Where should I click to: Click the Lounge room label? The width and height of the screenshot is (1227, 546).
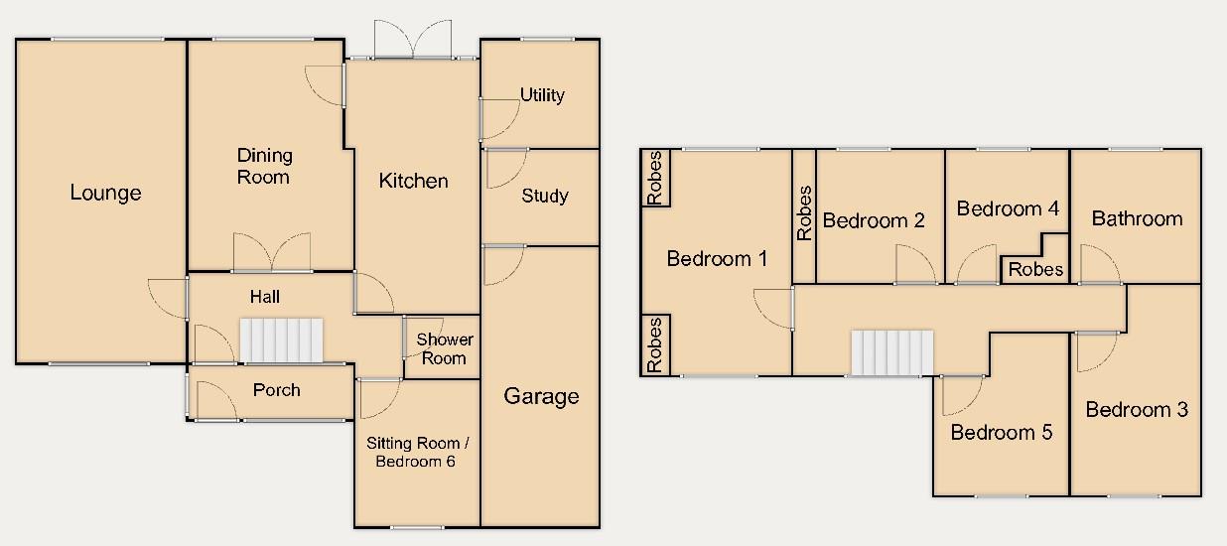coord(105,193)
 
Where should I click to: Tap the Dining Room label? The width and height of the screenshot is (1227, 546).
coord(264,166)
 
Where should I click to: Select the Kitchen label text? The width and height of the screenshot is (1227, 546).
coord(414,181)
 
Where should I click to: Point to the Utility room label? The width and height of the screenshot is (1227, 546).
coord(542,95)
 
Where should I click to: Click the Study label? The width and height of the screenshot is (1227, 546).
coord(544,196)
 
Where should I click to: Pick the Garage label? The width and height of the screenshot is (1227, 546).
coord(541,396)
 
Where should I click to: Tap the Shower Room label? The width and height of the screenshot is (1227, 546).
coord(444,348)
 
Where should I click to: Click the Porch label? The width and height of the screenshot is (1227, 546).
coord(276,390)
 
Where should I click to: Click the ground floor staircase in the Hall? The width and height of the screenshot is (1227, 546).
coord(282,341)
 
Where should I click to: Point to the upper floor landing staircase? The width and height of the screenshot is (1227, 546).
coord(892,353)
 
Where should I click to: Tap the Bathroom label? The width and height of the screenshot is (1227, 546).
coord(1137,218)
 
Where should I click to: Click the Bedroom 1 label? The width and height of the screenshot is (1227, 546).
coord(717,259)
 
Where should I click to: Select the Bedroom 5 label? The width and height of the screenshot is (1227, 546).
coord(1001,433)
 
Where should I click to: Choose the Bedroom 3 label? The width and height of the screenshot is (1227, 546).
coord(1136,409)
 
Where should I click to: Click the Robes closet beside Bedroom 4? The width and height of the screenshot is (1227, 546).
coord(1035,268)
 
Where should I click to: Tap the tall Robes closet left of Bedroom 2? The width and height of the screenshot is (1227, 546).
coord(804,213)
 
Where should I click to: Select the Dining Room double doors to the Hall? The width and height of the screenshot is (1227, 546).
coord(272,253)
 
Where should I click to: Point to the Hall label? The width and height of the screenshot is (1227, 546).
coord(265,296)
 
